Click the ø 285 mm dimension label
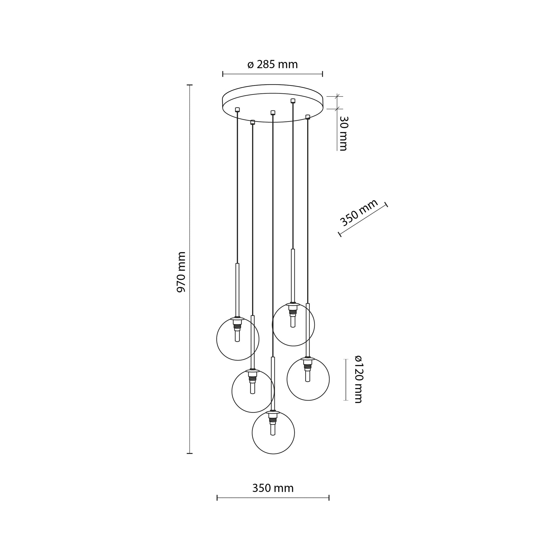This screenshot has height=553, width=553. click(x=273, y=65)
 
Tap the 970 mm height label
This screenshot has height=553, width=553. click(x=181, y=272)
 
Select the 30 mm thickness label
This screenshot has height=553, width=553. click(x=343, y=133)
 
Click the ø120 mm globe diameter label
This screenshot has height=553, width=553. click(x=358, y=379)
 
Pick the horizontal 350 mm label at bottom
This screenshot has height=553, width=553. click(x=273, y=488)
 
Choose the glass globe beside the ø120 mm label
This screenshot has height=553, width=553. click(x=308, y=379)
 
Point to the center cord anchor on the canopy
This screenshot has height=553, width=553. click(x=273, y=112)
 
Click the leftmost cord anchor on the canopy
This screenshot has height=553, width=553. click(x=237, y=109)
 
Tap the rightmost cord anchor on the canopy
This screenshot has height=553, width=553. click(x=308, y=117)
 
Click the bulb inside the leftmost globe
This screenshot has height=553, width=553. click(x=237, y=336)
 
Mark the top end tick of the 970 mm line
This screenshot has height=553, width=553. click(x=190, y=85)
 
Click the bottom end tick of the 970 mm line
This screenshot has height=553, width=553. click(x=190, y=453)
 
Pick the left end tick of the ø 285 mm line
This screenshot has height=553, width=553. click(x=223, y=74)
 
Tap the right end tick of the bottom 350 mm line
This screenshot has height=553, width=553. click(x=329, y=498)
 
